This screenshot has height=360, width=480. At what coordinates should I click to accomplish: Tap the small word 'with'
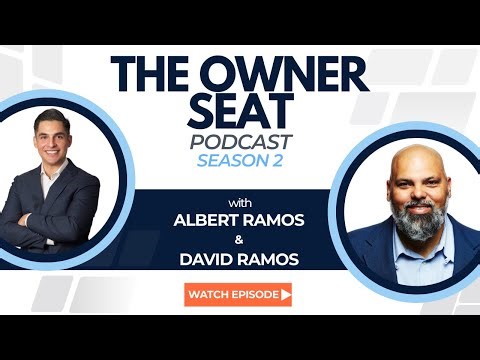pos(239,196)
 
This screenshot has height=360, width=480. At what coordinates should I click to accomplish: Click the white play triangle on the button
pos(286,295)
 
